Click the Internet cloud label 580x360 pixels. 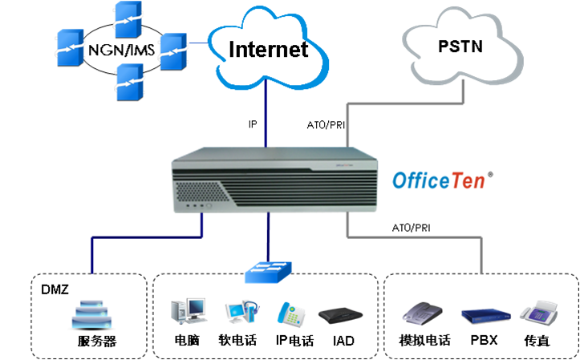pos(268,49)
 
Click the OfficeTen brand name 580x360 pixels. pos(439,180)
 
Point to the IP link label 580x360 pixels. pos(253,124)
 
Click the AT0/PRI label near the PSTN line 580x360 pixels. pos(325,125)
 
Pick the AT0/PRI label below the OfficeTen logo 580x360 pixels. pos(412,228)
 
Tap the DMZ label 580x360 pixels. pos(52,286)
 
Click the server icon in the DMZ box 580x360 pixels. pos(94,315)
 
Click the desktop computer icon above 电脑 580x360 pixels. pos(187,313)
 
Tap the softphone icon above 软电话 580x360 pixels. pos(238,313)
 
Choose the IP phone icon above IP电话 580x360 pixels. pos(290,313)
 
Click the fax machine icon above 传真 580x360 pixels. pos(535,313)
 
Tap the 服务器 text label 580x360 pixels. pos(97,342)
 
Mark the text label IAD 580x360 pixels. pos(343,341)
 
